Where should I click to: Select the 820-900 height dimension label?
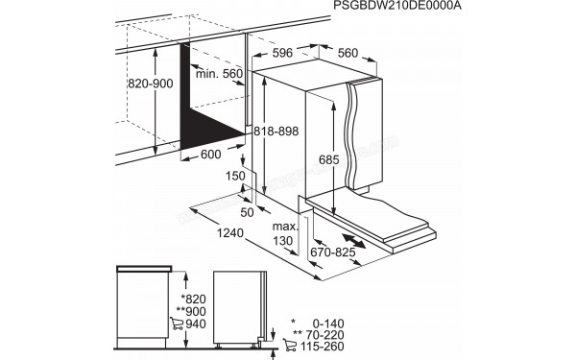[152, 84]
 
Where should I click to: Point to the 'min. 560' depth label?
[220, 75]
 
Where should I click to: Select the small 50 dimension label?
[248, 210]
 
